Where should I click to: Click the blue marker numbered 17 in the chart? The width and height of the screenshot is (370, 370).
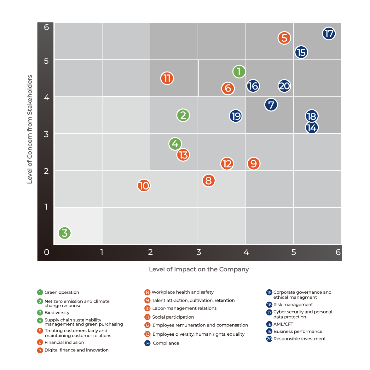(x=329, y=33)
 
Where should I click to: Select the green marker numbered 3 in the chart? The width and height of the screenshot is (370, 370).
(x=65, y=233)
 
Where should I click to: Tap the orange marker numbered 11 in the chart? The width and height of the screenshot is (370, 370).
(x=167, y=78)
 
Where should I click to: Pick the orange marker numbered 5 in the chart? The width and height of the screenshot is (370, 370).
(x=284, y=38)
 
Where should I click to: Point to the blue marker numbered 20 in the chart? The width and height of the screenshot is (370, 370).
(x=284, y=86)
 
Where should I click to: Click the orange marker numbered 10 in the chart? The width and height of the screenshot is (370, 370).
(x=144, y=185)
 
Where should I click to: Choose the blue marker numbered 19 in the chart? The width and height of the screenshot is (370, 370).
(x=236, y=116)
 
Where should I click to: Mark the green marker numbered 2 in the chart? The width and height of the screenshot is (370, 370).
(x=183, y=115)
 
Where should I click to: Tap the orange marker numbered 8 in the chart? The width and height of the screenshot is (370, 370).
(x=208, y=181)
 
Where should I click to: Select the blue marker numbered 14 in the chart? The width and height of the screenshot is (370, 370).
(x=312, y=128)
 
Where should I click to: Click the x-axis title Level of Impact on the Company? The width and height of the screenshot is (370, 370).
(x=199, y=269)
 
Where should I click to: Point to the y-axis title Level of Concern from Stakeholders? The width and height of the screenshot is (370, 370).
(x=30, y=129)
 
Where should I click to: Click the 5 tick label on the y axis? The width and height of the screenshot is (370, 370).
(x=46, y=61)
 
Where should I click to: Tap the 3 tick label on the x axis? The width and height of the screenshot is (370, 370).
(x=199, y=252)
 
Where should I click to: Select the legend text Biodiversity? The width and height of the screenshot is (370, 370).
(x=57, y=313)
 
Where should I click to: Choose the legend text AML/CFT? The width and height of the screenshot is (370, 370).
(x=283, y=324)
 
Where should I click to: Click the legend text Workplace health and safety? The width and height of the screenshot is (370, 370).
(x=182, y=292)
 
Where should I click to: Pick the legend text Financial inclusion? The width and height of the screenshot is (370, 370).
(x=64, y=342)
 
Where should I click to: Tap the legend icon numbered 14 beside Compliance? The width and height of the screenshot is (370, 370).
(x=147, y=343)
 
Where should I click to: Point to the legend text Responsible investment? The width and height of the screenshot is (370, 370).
(x=299, y=339)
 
